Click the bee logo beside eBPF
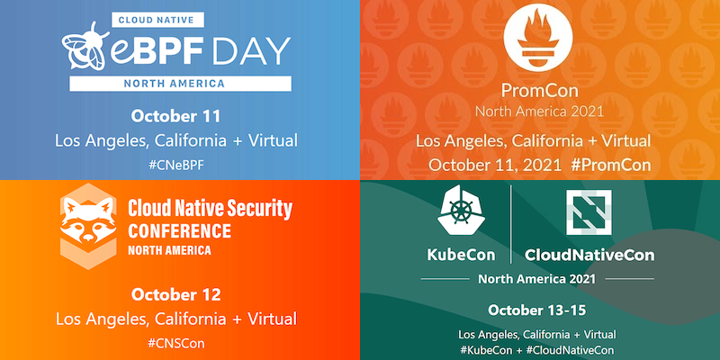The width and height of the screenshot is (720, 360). [x=85, y=47]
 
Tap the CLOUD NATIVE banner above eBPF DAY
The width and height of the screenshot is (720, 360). [x=157, y=20]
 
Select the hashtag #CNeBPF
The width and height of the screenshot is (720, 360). [x=175, y=166]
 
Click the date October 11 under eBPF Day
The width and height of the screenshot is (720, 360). [x=175, y=116]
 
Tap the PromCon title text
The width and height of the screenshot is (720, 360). [x=539, y=91]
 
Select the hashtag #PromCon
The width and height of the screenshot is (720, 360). [x=611, y=165]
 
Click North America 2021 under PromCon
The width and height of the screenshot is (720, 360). [x=539, y=111]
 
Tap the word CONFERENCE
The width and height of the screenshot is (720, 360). [x=179, y=231]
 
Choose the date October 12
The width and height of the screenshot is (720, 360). [x=175, y=295]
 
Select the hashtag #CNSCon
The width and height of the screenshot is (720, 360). [x=175, y=343]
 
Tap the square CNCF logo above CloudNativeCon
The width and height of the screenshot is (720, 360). [x=589, y=212]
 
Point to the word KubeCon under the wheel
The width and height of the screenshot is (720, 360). [x=461, y=255]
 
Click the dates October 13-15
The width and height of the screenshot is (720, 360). [x=536, y=310]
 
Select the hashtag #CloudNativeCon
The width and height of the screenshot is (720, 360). [x=570, y=350]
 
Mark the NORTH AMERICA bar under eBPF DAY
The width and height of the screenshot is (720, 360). [x=181, y=84]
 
